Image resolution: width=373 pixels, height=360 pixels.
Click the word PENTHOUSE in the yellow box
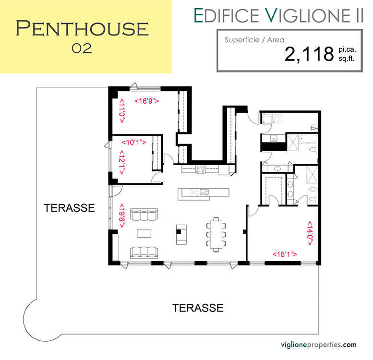pos(82,28)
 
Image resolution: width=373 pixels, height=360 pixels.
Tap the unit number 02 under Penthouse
pos(82,48)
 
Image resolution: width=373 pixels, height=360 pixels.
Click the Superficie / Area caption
pos(254,40)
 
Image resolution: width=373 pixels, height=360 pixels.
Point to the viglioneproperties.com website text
pos(319,345)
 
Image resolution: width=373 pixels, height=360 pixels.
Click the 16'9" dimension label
pos(146,101)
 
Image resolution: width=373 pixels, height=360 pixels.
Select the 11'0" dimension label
pos(122,111)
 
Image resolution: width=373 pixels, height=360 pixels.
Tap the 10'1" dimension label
pos(133,143)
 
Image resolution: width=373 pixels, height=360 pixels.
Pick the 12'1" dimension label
pos(122,162)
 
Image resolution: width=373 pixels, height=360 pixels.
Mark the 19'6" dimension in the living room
pos(122,216)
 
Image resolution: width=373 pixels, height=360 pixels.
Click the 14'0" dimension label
pos(310,233)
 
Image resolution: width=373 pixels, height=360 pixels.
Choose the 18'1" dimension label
pos(285,254)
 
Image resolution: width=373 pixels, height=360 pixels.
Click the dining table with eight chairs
pos(216,234)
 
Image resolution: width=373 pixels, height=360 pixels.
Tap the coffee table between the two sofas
pos(144,233)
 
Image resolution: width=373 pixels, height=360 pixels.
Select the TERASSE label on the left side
pos(69,208)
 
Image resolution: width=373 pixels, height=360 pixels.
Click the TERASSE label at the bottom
pos(198,308)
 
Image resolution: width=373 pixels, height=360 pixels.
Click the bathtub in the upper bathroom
pos(308,139)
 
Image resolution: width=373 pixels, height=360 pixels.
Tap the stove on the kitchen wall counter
pos(200,169)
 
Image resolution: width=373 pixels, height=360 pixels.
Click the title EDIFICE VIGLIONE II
pos(278,16)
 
